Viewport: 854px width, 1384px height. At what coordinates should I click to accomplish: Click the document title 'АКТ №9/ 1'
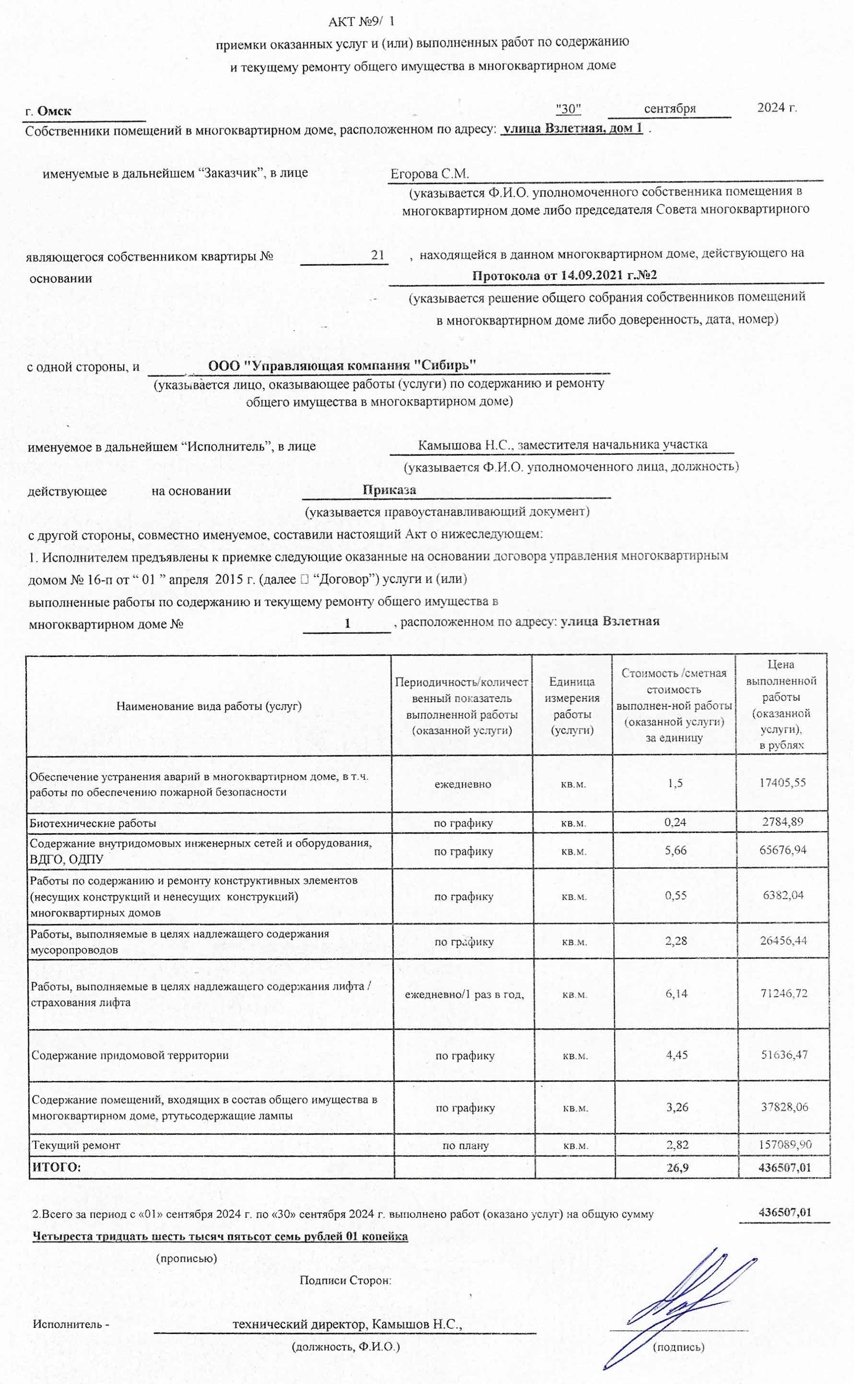[362, 22]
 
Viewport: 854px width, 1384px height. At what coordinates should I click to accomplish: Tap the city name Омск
[54, 111]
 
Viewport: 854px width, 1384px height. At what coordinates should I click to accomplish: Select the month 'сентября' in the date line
[669, 108]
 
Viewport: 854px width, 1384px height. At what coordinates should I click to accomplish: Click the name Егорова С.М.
[430, 174]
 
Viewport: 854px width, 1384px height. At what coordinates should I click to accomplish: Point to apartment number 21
[377, 255]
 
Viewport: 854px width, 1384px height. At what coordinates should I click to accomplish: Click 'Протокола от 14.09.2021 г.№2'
[564, 276]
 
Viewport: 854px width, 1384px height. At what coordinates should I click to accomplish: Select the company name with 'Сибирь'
[342, 365]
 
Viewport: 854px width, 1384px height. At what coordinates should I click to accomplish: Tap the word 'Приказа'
[389, 490]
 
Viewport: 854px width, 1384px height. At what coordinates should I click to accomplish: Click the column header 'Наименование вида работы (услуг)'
[209, 705]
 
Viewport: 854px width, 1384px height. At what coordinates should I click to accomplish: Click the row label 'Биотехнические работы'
[93, 823]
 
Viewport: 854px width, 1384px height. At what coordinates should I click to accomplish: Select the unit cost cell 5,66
[676, 850]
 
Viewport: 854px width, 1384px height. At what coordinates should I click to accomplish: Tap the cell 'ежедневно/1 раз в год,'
[464, 994]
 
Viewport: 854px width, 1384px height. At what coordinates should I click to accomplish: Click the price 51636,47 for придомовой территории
[784, 1054]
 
